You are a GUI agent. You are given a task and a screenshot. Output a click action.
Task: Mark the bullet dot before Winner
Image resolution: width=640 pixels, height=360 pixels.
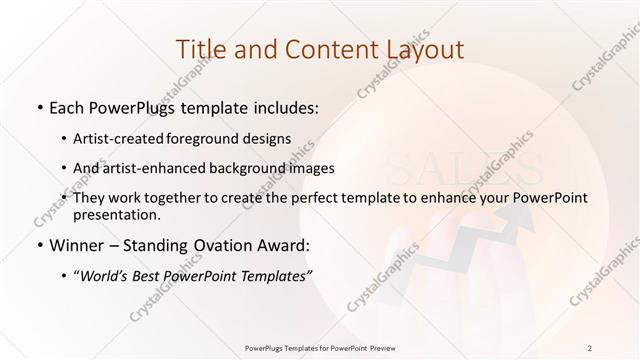coord(38,245)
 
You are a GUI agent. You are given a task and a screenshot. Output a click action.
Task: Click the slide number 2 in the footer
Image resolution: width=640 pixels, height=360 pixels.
coord(591,347)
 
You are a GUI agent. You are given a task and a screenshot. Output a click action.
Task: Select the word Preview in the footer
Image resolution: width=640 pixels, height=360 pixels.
coord(381,347)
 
